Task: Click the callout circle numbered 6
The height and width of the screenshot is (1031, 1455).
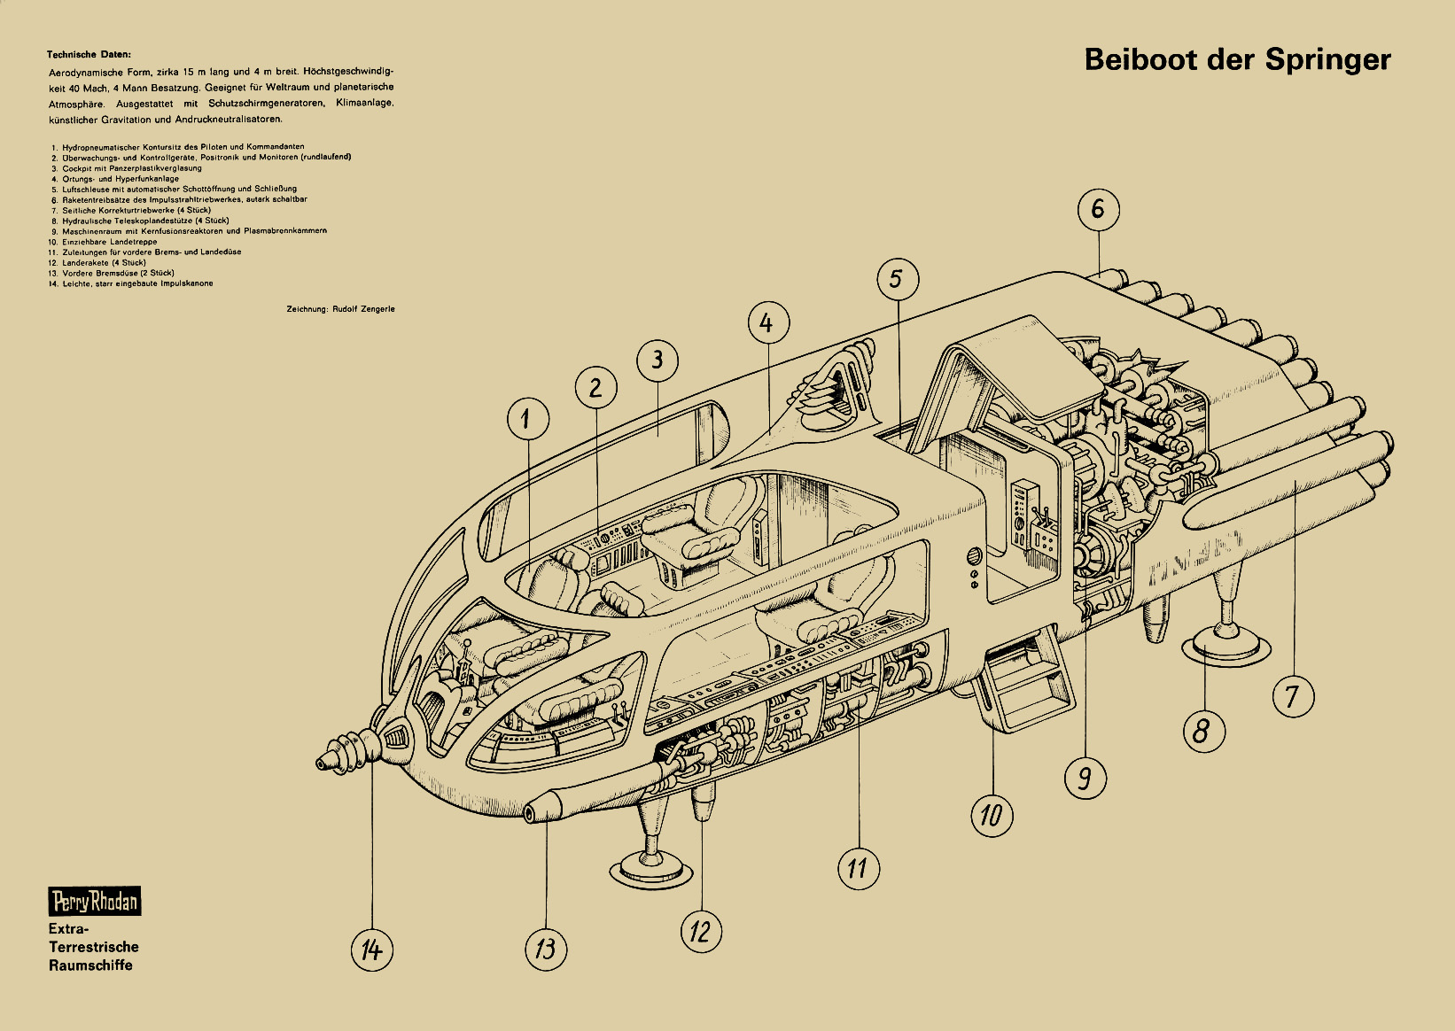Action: (x=1099, y=209)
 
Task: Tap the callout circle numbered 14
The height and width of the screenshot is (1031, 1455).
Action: (x=372, y=950)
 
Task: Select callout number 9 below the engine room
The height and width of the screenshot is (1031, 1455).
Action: (x=1085, y=778)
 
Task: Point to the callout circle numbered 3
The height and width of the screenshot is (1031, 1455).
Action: (x=657, y=360)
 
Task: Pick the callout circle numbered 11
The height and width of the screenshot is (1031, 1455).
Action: (x=858, y=867)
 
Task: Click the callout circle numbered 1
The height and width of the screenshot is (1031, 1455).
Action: (x=528, y=418)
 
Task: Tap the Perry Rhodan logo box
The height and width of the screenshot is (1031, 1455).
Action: (x=95, y=902)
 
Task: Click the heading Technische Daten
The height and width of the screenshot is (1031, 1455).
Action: (x=89, y=55)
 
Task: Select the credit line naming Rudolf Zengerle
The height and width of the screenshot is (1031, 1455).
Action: (x=340, y=309)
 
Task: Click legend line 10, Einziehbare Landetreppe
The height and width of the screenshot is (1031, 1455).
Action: (x=106, y=242)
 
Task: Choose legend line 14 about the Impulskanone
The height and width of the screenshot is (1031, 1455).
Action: (x=133, y=283)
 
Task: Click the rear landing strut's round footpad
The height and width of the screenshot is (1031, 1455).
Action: (x=1227, y=645)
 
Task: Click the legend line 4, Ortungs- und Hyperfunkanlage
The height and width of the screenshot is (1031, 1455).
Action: (x=120, y=178)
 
